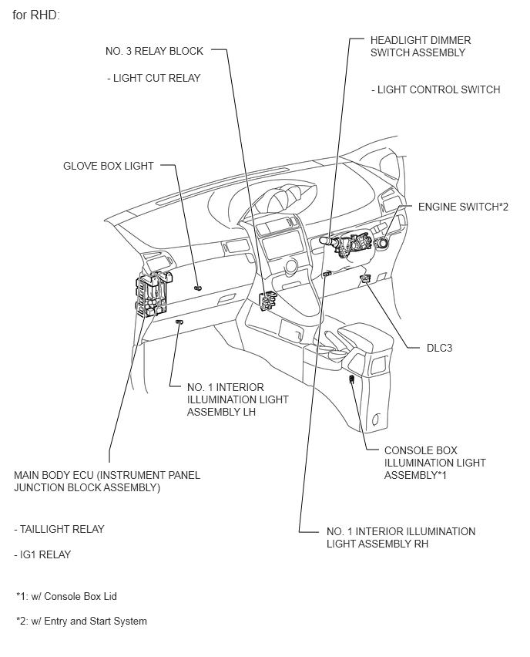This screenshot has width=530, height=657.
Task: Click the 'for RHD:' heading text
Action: point(36,15)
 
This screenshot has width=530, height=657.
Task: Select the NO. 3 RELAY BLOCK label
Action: point(154,52)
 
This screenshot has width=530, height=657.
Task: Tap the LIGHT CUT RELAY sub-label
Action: point(153,78)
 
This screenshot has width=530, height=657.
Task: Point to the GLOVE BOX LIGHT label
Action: point(109,166)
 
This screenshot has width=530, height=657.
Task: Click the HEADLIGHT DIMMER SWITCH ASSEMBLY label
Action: point(420,46)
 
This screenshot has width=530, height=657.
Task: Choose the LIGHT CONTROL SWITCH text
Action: point(435,89)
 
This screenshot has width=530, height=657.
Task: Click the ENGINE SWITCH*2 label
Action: point(463,207)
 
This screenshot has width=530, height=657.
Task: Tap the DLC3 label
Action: point(439,348)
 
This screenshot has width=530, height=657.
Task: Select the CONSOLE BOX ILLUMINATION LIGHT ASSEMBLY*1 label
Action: point(434,463)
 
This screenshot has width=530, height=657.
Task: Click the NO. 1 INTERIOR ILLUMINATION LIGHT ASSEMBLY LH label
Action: point(237,399)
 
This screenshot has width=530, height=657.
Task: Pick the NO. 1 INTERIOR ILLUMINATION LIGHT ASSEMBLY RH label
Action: point(401,537)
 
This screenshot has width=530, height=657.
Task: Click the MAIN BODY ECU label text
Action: point(107,481)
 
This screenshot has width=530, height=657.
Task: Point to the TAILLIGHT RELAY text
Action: point(59,529)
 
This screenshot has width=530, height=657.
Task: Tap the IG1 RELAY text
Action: point(42,554)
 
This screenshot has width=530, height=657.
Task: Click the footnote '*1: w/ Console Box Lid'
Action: point(66,596)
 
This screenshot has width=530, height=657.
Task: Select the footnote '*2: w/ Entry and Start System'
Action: point(81,621)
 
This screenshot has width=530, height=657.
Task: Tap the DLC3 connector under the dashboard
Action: point(364,278)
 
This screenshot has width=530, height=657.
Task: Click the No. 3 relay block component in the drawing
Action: point(269,301)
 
